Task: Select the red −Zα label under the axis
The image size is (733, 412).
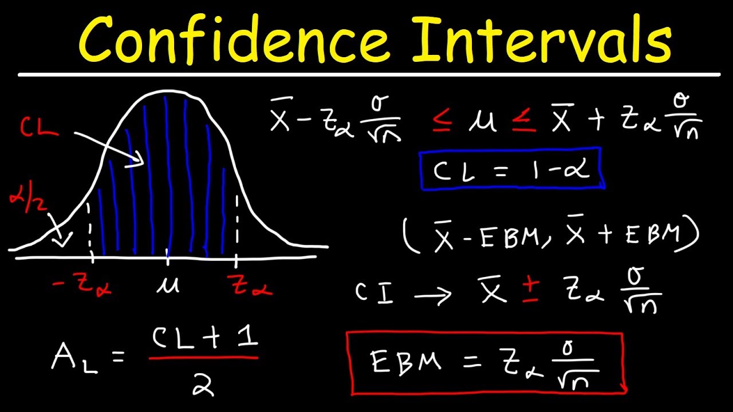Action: [84, 284]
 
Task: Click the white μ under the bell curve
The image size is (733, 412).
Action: [167, 284]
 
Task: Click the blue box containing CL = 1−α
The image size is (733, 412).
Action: [510, 168]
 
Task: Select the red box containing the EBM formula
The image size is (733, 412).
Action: [486, 363]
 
